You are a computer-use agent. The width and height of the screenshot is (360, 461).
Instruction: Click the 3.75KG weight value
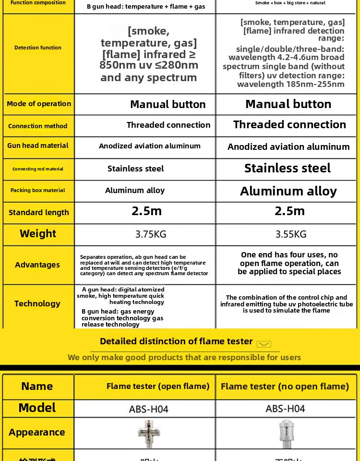pyautogui.click(x=151, y=234)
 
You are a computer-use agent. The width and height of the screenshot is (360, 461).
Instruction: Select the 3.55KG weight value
pyautogui.click(x=291, y=234)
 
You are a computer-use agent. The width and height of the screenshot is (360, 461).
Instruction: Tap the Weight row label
pyautogui.click(x=38, y=234)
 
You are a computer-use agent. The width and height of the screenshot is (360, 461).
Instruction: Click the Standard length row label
pyautogui.click(x=39, y=212)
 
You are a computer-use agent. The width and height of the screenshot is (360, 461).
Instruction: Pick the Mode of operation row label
pyautogui.click(x=39, y=104)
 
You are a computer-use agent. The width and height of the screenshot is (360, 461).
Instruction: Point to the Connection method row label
pyautogui.click(x=38, y=126)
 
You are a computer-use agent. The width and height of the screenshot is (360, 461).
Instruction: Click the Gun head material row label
pyautogui.click(x=38, y=146)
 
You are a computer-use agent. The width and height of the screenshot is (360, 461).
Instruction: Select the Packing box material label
pyautogui.click(x=38, y=190)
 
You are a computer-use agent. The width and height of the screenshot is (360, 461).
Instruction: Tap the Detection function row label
pyautogui.click(x=38, y=48)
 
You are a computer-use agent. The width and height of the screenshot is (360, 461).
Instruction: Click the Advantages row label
pyautogui.click(x=37, y=265)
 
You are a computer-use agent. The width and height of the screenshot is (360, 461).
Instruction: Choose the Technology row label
pyautogui.click(x=37, y=303)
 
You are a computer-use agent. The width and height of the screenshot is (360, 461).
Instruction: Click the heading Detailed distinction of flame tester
pyautogui.click(x=176, y=341)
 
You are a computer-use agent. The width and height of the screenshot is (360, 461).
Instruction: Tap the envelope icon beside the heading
pyautogui.click(x=264, y=344)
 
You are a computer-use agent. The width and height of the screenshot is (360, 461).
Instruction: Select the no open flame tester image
pyautogui.click(x=286, y=433)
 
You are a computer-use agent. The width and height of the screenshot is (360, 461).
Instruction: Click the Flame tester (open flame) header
pyautogui.click(x=158, y=386)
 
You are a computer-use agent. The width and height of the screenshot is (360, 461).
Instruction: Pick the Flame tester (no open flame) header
pyautogui.click(x=285, y=386)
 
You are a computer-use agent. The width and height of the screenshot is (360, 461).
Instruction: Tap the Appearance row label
pyautogui.click(x=37, y=432)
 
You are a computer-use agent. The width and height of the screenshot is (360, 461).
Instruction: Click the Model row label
pyautogui.click(x=37, y=408)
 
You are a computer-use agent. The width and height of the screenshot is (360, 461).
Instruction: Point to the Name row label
pyautogui.click(x=37, y=386)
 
